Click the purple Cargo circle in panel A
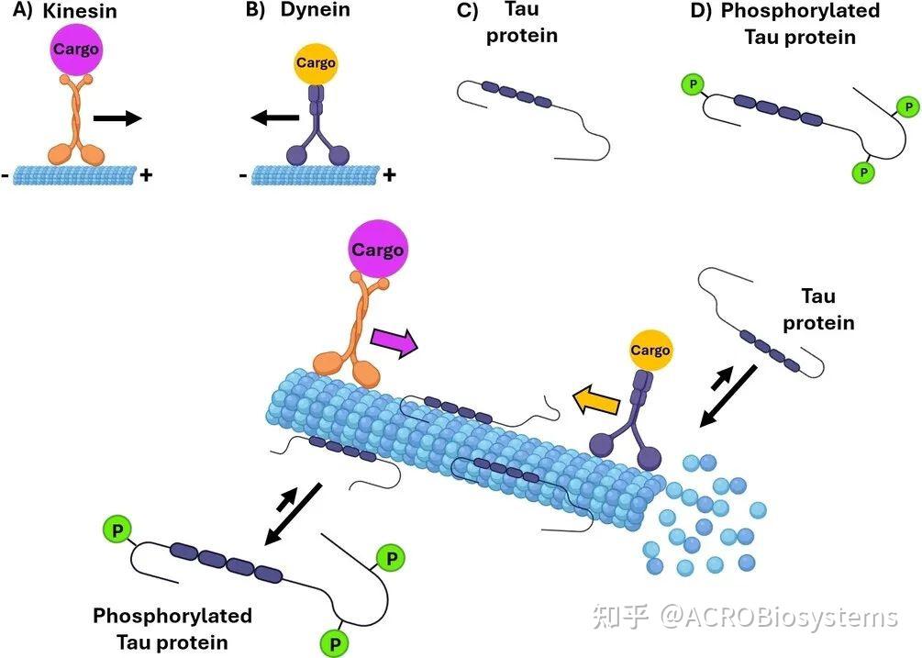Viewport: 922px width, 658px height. [74, 50]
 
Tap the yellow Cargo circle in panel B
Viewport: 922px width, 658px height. [316, 62]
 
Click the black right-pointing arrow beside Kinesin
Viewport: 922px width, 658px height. [117, 118]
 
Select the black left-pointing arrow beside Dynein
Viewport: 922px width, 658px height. [275, 118]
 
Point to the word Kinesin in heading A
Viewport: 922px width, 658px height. [80, 11]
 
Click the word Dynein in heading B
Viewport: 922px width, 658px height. [316, 9]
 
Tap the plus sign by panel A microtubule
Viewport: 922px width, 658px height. [146, 174]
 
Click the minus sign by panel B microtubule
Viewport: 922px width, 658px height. [243, 174]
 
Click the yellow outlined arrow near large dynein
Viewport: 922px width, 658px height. [596, 400]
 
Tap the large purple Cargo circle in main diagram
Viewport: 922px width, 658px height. [377, 250]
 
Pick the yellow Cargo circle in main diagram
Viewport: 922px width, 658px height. [650, 351]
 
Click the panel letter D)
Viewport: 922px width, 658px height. [700, 11]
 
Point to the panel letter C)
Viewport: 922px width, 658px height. [467, 11]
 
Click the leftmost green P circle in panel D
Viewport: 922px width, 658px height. [694, 84]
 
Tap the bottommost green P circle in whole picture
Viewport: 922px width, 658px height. [335, 643]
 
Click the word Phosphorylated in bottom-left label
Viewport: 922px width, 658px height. [172, 616]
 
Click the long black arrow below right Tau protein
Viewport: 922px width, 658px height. [727, 396]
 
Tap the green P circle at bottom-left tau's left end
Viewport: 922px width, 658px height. [117, 530]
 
